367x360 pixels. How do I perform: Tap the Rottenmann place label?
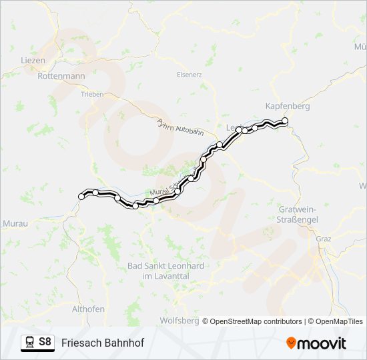click(x=61, y=77)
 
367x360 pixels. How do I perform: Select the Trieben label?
click(x=92, y=95)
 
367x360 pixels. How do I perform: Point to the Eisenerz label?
click(x=189, y=75)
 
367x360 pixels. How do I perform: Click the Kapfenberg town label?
click(x=288, y=106)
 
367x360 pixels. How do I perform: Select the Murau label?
click(x=15, y=223)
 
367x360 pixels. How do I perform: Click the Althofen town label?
click(x=88, y=309)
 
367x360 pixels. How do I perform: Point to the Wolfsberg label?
click(x=179, y=321)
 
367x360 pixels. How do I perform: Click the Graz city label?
click(x=324, y=239)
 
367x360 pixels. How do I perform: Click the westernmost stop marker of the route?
click(x=82, y=196)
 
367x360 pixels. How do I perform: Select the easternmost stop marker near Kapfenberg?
click(x=285, y=121)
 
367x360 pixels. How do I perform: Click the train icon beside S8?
click(x=29, y=342)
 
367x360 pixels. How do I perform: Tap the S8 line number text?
click(x=45, y=342)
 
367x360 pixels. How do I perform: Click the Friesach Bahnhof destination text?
click(x=103, y=343)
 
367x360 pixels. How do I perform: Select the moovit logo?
click(x=316, y=343)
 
